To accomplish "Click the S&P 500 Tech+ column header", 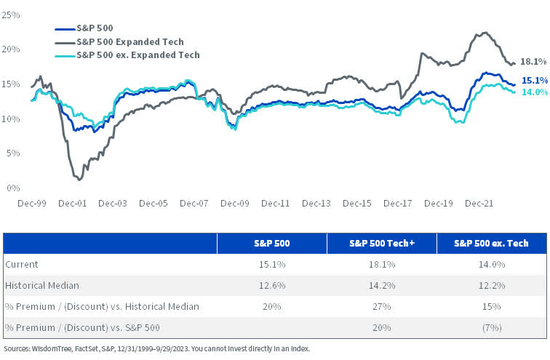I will pos(381,243).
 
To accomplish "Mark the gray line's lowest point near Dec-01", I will pos(78,178).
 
